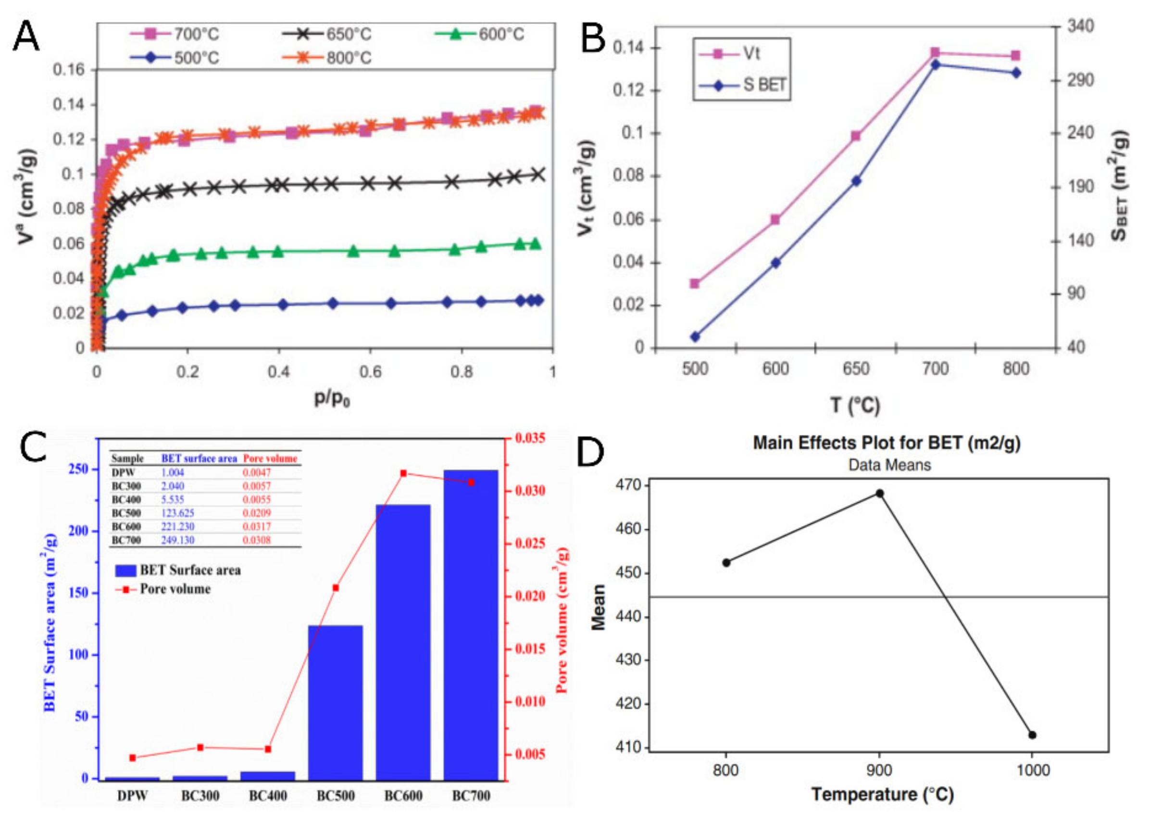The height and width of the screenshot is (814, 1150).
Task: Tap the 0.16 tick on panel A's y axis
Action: click(x=69, y=70)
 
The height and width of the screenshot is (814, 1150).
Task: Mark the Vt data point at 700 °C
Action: click(x=935, y=52)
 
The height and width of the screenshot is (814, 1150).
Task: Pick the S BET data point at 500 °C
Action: click(x=695, y=337)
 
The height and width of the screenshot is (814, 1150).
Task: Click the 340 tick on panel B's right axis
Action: click(x=1080, y=25)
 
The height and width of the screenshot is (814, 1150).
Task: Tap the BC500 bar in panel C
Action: click(x=335, y=702)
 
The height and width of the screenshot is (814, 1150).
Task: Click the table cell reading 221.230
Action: click(x=177, y=527)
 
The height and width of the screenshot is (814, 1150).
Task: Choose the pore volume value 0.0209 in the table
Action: click(x=256, y=513)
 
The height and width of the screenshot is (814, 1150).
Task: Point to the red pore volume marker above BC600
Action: click(x=404, y=473)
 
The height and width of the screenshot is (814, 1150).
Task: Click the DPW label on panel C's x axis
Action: click(x=132, y=796)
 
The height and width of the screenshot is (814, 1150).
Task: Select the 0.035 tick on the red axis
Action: click(x=530, y=438)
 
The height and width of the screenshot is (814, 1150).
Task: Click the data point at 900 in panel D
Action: click(x=879, y=493)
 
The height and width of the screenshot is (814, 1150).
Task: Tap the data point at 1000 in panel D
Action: click(x=1032, y=735)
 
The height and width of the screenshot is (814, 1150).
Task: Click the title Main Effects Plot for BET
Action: click(x=887, y=443)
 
